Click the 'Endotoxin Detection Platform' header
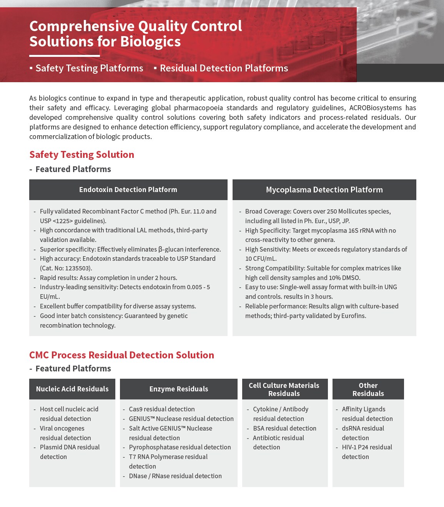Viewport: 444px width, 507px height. point(128,190)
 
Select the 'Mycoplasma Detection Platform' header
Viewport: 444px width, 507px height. point(324,190)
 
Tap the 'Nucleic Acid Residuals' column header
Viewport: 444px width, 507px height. point(72,389)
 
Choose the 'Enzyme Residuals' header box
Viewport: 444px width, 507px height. point(179,389)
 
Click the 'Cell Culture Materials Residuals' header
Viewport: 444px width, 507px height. point(284,389)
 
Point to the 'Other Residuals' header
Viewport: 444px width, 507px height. point(368,389)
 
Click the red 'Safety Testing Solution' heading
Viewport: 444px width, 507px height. point(82,155)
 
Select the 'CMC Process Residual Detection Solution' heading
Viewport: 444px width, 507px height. point(121,355)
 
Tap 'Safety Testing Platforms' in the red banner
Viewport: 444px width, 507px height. point(89,68)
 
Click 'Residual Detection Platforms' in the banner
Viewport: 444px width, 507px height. point(224,68)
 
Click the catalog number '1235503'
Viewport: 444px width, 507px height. point(78,268)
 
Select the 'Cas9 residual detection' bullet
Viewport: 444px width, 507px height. point(162,409)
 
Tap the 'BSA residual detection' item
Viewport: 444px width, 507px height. point(284,428)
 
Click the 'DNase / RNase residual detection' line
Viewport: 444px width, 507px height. point(175,476)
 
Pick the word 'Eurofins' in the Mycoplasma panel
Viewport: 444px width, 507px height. point(354,316)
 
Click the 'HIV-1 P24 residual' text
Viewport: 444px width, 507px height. point(367,447)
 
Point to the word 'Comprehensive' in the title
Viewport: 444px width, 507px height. point(81,26)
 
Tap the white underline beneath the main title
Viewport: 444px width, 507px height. point(65,56)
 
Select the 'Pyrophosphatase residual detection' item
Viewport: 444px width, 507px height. point(180,447)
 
